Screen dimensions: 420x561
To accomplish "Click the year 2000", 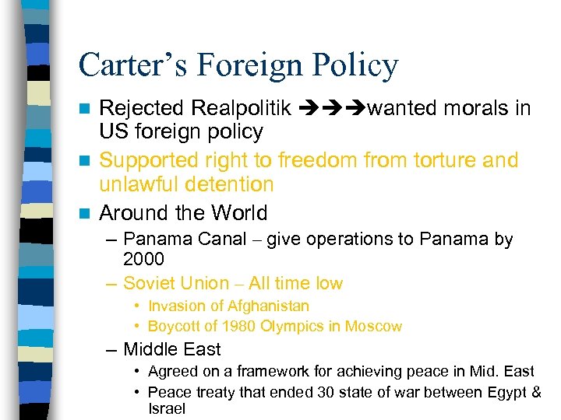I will pos(144,258).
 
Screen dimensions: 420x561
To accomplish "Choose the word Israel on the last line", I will pos(167,408).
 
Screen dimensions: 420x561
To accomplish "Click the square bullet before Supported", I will pos(88,161).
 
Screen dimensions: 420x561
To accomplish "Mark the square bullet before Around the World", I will pos(88,213).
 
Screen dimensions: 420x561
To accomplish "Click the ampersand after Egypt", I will pos(535,391).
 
